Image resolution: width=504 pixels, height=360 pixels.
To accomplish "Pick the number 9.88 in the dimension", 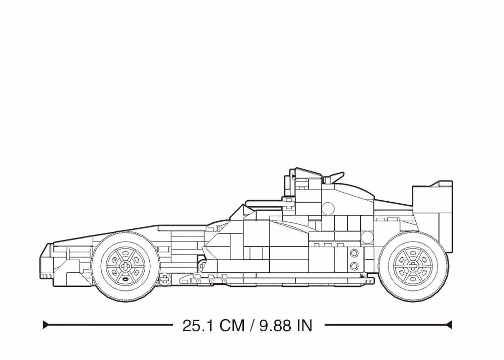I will [x=275, y=325].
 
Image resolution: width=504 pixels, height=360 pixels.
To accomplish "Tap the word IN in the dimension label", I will [x=304, y=325].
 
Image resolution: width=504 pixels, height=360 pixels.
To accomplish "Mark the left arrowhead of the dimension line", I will [x=46, y=325].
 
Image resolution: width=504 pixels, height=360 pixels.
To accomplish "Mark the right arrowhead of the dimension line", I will [x=449, y=325].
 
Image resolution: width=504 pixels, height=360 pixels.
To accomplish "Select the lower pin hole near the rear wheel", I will [x=354, y=266].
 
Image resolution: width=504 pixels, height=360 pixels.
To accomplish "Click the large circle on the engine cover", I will [x=328, y=208].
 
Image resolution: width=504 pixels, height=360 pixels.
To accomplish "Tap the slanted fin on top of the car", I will [x=336, y=177].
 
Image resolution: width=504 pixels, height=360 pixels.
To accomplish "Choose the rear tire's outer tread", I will [x=412, y=297].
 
